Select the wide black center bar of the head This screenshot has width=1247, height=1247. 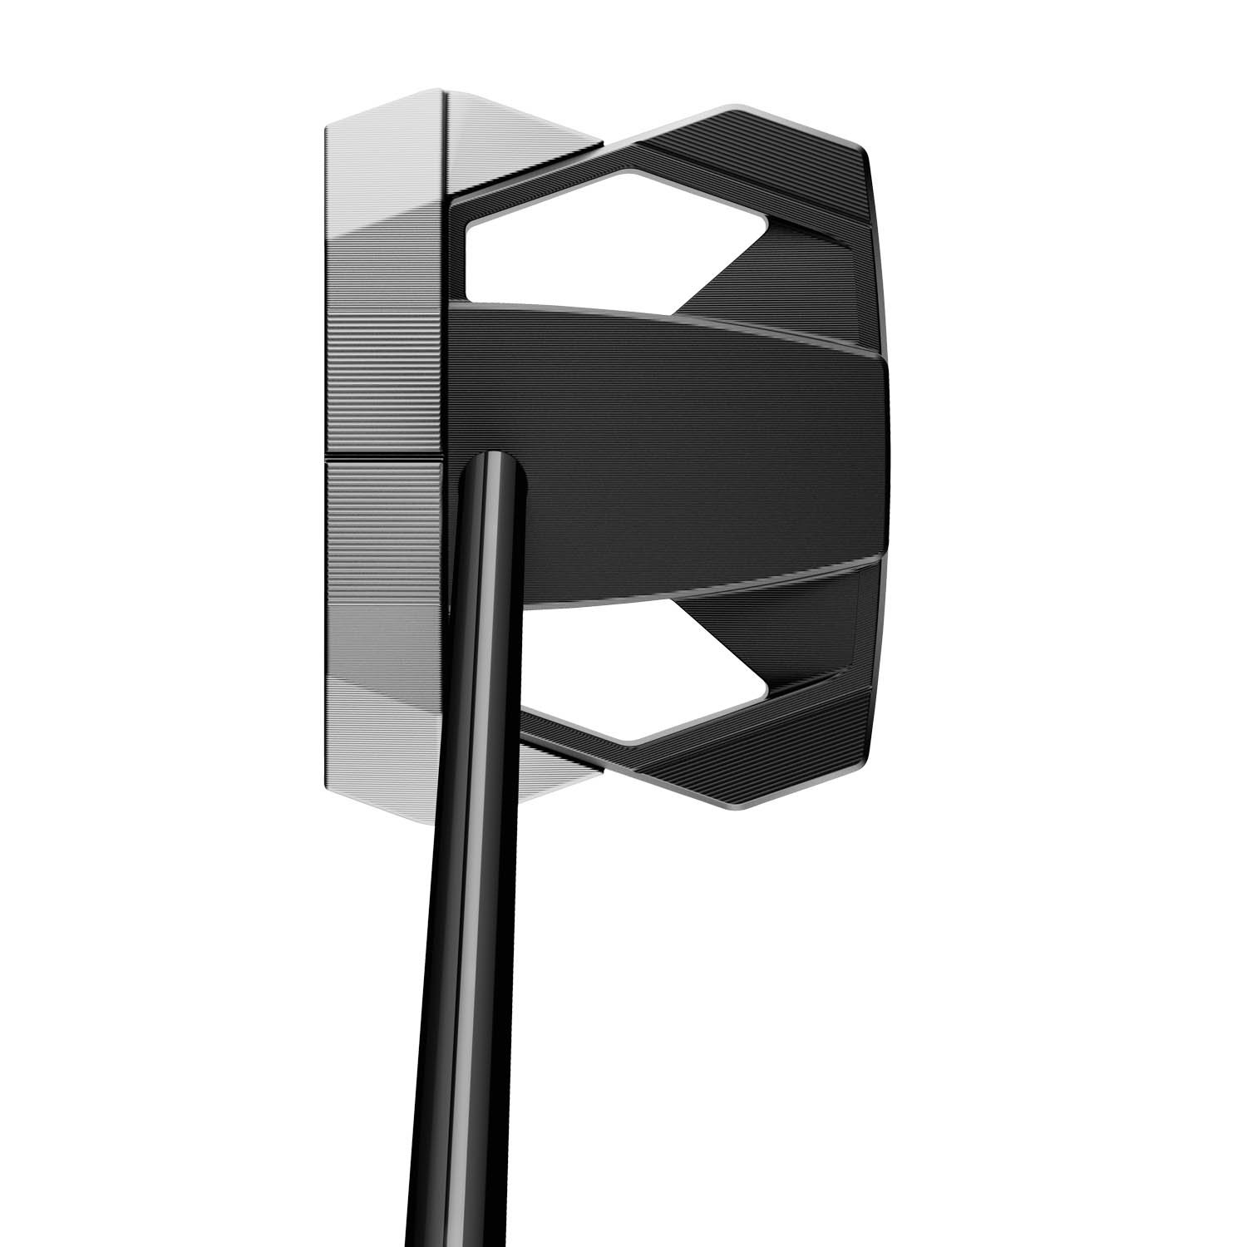tap(682, 449)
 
